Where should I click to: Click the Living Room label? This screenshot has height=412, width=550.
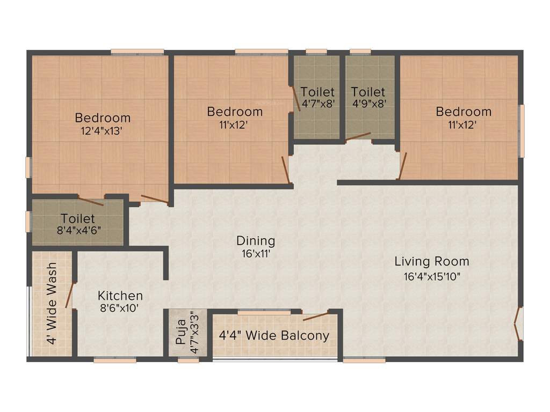[x=432, y=262]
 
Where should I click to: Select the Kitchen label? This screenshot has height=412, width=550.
[x=120, y=296]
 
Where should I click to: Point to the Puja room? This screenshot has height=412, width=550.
[x=187, y=334]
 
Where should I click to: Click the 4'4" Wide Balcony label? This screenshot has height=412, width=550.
[x=274, y=336]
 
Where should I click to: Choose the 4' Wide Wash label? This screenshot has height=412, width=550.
[x=52, y=304]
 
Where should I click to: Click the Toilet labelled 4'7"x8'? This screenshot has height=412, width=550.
[x=317, y=97]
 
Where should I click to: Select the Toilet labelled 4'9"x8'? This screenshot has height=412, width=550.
[x=369, y=97]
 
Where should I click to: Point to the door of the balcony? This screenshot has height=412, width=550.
[x=315, y=315]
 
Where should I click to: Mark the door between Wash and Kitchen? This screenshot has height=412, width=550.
[x=69, y=295]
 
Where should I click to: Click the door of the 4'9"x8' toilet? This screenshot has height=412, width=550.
[x=358, y=136]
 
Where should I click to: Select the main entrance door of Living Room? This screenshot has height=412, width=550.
[x=518, y=323]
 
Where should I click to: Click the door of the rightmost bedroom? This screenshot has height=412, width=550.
[x=402, y=166]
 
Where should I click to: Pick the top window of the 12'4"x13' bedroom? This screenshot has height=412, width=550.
[x=137, y=52]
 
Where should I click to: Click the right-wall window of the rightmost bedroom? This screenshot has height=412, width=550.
[x=521, y=131]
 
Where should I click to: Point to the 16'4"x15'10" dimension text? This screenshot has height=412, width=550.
[x=432, y=277]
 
